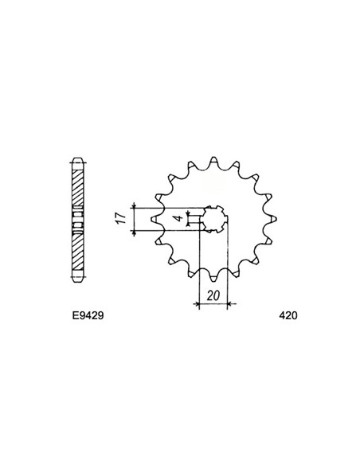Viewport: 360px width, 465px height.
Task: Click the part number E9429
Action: coord(82,315)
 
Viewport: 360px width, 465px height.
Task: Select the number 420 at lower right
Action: coord(288,315)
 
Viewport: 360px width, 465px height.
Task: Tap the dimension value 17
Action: coord(120,218)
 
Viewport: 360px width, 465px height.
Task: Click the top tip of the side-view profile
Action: coord(76,154)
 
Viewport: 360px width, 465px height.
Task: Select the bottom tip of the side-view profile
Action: coord(76,281)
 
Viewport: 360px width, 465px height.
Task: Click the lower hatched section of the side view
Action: coord(76,253)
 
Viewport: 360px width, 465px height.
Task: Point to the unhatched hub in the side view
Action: coord(76,218)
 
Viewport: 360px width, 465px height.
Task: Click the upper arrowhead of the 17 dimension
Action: coord(136,208)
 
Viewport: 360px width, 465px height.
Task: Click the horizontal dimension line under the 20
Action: coord(213,303)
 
